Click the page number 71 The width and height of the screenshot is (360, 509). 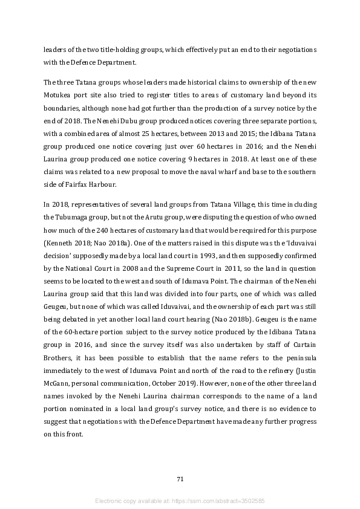pos(180,479)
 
